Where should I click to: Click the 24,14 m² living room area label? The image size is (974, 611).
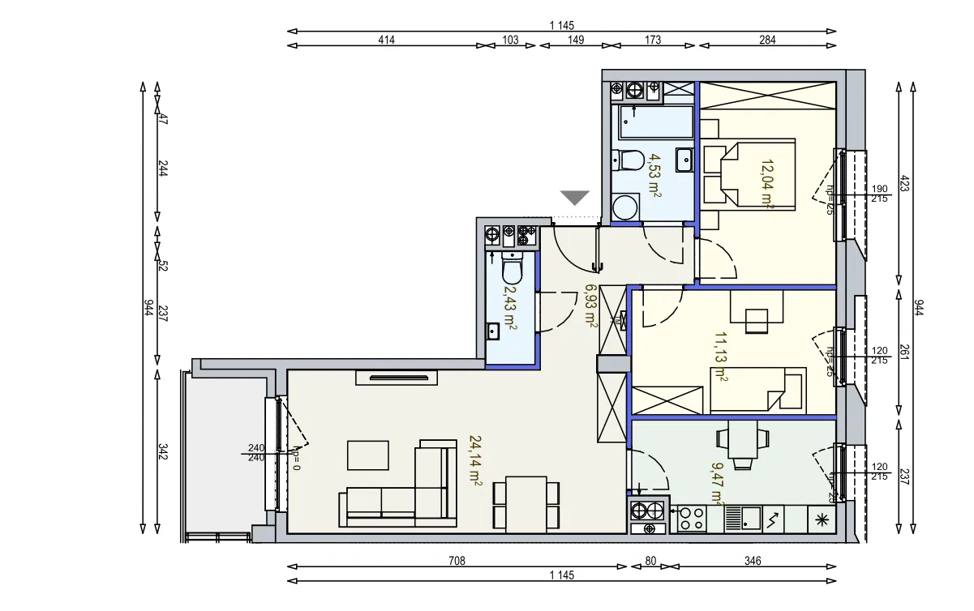click(476, 460)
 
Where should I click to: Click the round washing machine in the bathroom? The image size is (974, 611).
click(626, 208)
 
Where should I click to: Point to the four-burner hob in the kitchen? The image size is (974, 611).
click(691, 519)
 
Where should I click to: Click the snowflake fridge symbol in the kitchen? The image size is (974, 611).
click(822, 519)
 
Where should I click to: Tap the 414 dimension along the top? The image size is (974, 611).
click(385, 40)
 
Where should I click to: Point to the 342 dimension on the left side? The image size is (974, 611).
click(163, 451)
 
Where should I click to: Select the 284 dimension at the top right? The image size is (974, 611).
click(767, 40)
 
